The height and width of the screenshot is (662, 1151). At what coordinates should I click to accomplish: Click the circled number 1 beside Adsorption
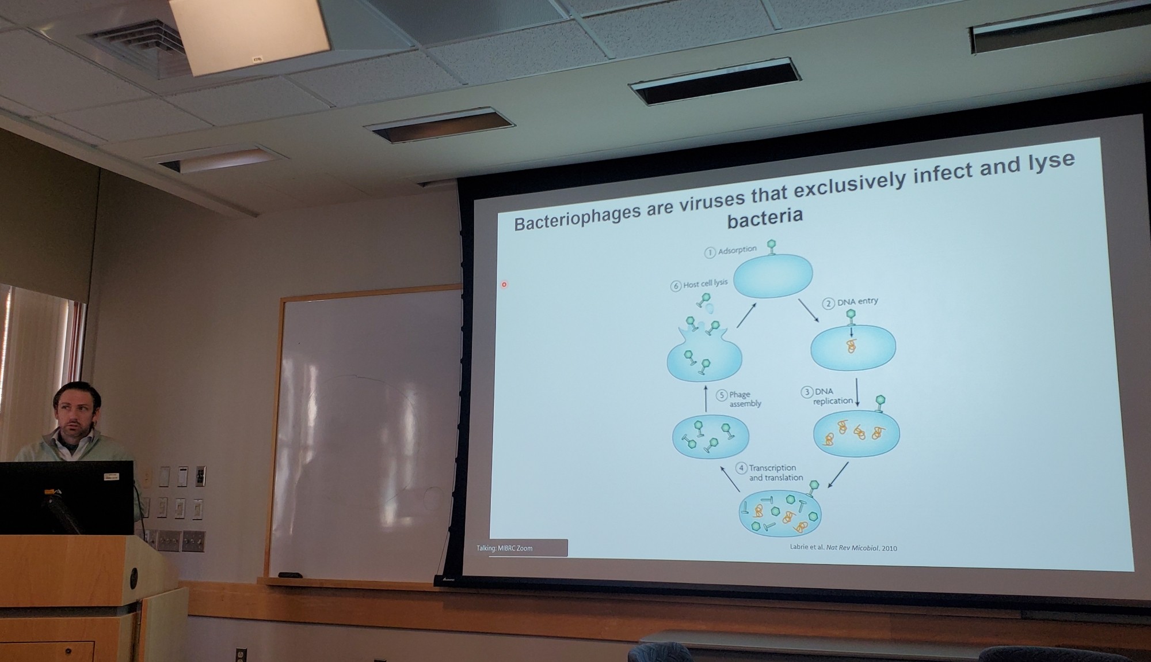710,252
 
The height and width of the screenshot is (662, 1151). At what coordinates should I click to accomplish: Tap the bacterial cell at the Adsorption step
773,275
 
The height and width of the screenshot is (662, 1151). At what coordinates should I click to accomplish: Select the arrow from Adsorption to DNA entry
808,310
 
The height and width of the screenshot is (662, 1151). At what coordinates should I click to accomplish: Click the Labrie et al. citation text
843,547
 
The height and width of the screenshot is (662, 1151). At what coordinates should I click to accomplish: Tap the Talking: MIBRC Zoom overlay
521,547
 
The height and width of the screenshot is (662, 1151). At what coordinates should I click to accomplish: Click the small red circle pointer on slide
504,285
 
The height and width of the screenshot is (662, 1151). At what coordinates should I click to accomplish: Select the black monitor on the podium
67,497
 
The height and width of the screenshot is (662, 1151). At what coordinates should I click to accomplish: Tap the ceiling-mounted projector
250,35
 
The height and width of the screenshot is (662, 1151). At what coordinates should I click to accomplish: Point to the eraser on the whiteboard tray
290,574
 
